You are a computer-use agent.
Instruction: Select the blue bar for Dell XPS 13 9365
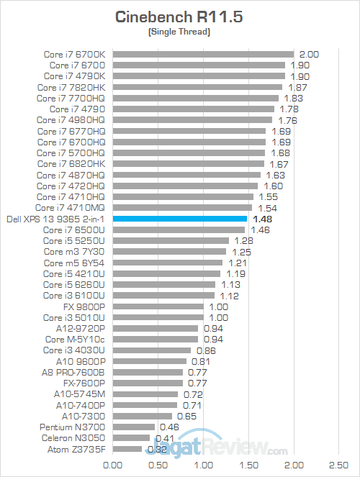(x=179, y=219)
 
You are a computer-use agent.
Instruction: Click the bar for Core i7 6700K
(x=203, y=54)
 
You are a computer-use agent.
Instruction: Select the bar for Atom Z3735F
(x=127, y=449)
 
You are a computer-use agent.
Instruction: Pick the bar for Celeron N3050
(x=131, y=438)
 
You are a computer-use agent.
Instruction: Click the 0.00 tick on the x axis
(x=113, y=465)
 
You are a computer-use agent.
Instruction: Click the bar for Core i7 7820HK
(x=197, y=87)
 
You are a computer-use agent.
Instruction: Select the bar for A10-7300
(x=143, y=416)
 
